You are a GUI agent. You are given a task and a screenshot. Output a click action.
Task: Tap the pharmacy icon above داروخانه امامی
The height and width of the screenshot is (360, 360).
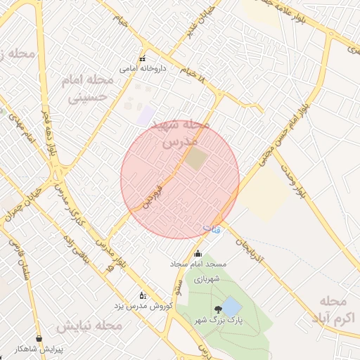[x=143, y=59]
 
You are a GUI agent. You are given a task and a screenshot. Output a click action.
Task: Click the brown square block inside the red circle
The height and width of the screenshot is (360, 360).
[x=197, y=159]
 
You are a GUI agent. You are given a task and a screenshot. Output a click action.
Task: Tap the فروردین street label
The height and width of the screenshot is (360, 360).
[x=153, y=196]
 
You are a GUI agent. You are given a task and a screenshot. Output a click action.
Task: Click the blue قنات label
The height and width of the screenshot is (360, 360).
[x=211, y=229]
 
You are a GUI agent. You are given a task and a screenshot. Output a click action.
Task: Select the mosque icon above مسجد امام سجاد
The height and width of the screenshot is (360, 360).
[x=198, y=254]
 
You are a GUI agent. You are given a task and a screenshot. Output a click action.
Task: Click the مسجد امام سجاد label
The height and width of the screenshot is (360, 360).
[x=198, y=264]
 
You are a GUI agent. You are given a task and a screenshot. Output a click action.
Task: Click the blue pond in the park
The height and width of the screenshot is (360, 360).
[x=231, y=306]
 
